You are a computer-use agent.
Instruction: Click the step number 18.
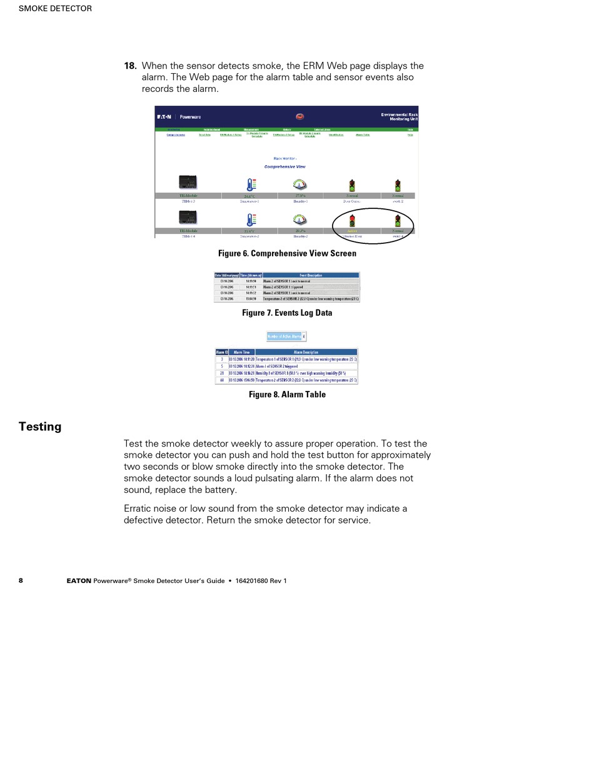[130, 66]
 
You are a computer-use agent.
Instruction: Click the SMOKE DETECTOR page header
[55, 9]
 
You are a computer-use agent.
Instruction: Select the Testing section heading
[40, 427]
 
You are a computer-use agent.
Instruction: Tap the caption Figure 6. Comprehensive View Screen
[287, 253]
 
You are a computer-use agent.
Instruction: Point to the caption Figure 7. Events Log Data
[287, 313]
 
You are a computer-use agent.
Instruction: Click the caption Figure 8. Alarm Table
[287, 395]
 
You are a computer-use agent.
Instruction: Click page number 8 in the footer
[21, 580]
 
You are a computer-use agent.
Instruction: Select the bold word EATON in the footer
[79, 581]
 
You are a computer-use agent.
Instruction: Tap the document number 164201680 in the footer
[252, 581]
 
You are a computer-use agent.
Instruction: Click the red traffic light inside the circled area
[352, 220]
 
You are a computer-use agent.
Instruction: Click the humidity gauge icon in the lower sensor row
[300, 220]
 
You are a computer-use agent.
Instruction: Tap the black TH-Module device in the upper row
[188, 183]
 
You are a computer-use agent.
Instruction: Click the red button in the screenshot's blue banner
[300, 116]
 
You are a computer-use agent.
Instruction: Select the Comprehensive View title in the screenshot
[285, 167]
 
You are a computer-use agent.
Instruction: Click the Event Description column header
[311, 275]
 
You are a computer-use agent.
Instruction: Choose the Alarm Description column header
[306, 352]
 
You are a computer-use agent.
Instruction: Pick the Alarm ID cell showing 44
[221, 380]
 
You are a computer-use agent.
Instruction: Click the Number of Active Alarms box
[286, 336]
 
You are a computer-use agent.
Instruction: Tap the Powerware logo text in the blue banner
[190, 117]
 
